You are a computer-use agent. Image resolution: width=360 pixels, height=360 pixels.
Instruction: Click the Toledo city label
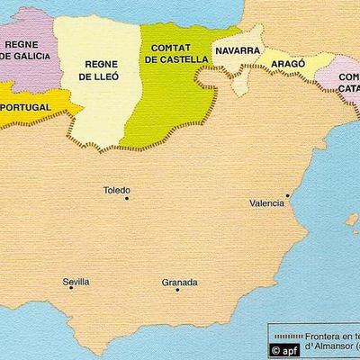[117, 191]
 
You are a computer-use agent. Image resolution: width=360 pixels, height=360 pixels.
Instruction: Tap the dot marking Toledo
[127, 199]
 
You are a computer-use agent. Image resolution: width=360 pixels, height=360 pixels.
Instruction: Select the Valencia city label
[266, 203]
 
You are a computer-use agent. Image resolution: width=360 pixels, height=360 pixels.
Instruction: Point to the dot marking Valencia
[287, 194]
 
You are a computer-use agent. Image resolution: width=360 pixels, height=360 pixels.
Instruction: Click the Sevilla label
[76, 282]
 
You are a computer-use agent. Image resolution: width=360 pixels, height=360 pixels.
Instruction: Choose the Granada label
[179, 282]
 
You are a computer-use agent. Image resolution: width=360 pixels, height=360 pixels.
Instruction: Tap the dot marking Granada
[178, 290]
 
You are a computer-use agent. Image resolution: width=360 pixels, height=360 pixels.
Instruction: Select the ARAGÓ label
[285, 67]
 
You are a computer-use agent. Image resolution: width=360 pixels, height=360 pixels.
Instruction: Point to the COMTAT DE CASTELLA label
[175, 54]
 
